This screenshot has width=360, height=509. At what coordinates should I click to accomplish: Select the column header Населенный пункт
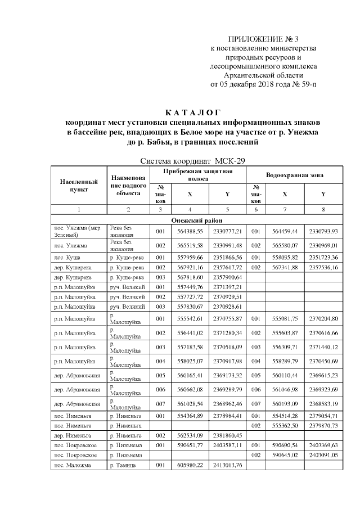pos(79,186)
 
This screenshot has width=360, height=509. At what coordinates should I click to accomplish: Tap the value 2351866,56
pos(227,256)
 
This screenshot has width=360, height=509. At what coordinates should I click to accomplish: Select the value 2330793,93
pos(323,231)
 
